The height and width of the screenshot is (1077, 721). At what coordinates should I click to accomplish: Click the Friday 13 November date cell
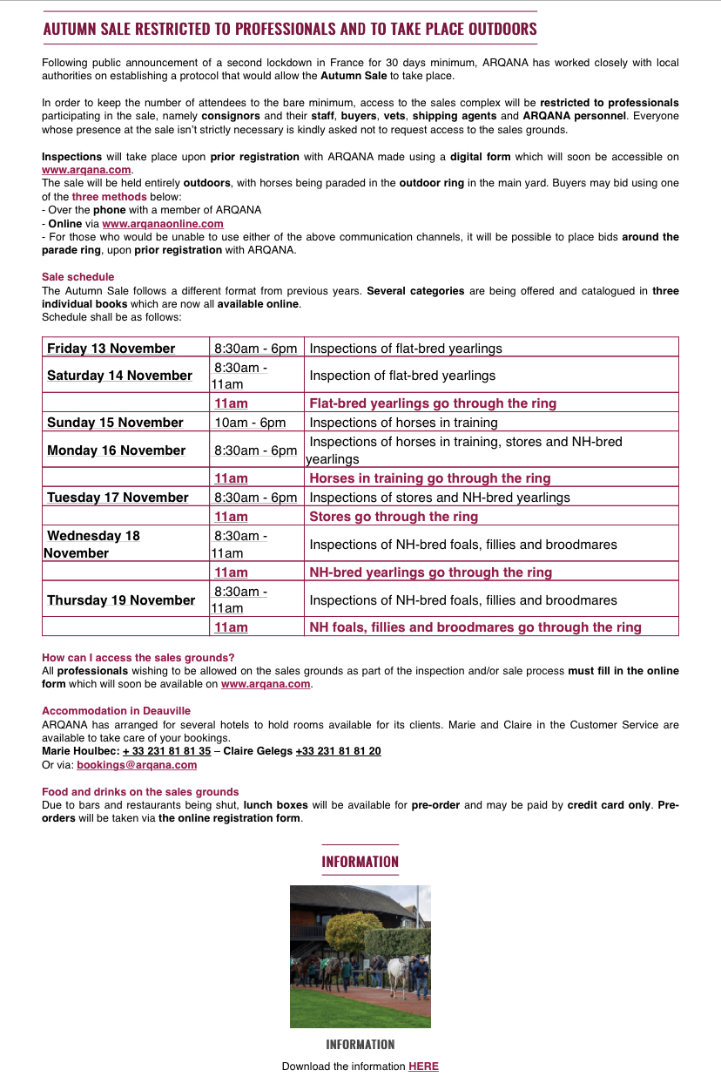point(111,349)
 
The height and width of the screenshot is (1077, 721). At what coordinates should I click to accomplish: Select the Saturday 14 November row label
point(119,376)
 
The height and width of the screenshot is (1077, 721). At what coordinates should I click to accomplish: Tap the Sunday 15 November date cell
point(115,423)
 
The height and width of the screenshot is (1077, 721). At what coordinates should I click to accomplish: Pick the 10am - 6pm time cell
point(250,423)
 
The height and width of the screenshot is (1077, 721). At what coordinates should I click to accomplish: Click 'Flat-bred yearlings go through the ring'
point(433,403)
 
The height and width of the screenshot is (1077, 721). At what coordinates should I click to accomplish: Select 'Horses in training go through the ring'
point(430,478)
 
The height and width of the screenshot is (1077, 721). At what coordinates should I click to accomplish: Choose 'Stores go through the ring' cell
point(394,517)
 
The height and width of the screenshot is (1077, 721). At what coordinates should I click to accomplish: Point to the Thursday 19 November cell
point(121,600)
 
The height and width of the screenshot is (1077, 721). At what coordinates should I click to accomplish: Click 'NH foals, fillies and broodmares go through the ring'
point(475,627)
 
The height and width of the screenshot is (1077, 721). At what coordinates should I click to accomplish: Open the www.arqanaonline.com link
point(163,224)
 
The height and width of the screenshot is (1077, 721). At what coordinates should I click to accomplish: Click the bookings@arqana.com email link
point(137,765)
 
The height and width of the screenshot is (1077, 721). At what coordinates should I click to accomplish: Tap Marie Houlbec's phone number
point(166,751)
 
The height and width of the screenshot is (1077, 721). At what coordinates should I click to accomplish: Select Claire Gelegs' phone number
point(338,751)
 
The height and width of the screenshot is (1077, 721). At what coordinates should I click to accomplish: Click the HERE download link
point(423,1067)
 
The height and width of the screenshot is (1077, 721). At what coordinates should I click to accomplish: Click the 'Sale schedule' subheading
point(78,277)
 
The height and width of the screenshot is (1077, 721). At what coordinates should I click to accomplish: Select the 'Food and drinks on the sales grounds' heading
point(140,792)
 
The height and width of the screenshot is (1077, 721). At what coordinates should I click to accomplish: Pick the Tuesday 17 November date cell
point(118,498)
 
